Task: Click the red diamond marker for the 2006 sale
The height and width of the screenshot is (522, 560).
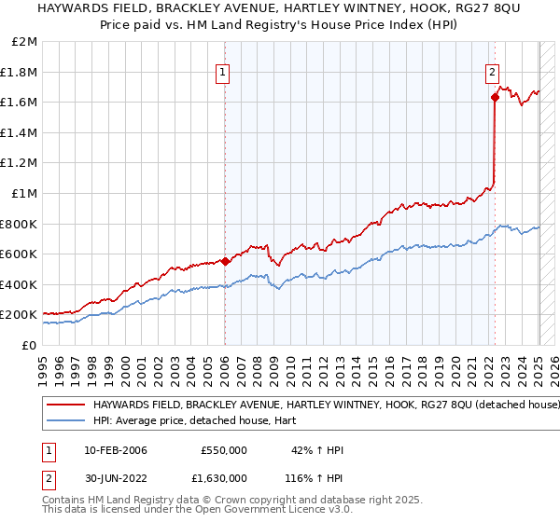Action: pyautogui.click(x=225, y=261)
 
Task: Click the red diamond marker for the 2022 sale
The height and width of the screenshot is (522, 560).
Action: pyautogui.click(x=494, y=96)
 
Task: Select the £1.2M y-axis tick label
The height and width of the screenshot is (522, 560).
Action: pyautogui.click(x=21, y=163)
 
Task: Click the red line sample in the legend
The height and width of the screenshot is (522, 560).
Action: pyautogui.click(x=65, y=405)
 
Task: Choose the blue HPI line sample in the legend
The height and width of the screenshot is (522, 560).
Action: pyautogui.click(x=65, y=420)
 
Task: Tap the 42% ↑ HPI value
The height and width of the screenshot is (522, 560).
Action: pyautogui.click(x=317, y=450)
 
